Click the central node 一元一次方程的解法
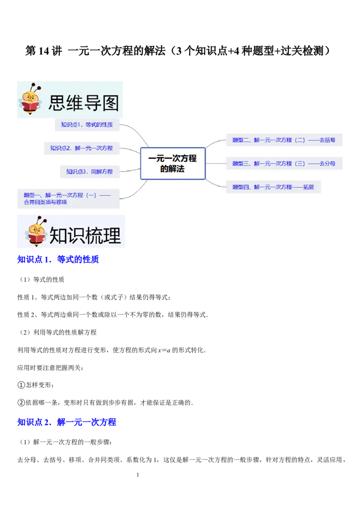(x=173, y=164)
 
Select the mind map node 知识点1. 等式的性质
(x=87, y=125)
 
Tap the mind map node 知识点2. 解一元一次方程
(x=81, y=148)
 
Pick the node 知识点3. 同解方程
(x=90, y=171)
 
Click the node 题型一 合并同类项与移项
(x=67, y=199)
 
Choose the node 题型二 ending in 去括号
(x=284, y=140)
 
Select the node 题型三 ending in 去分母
(x=284, y=163)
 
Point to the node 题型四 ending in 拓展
(x=273, y=187)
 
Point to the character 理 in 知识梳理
(x=112, y=236)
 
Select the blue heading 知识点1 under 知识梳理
(x=58, y=260)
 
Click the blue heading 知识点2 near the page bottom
(x=67, y=422)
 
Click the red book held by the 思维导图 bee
(x=30, y=107)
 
